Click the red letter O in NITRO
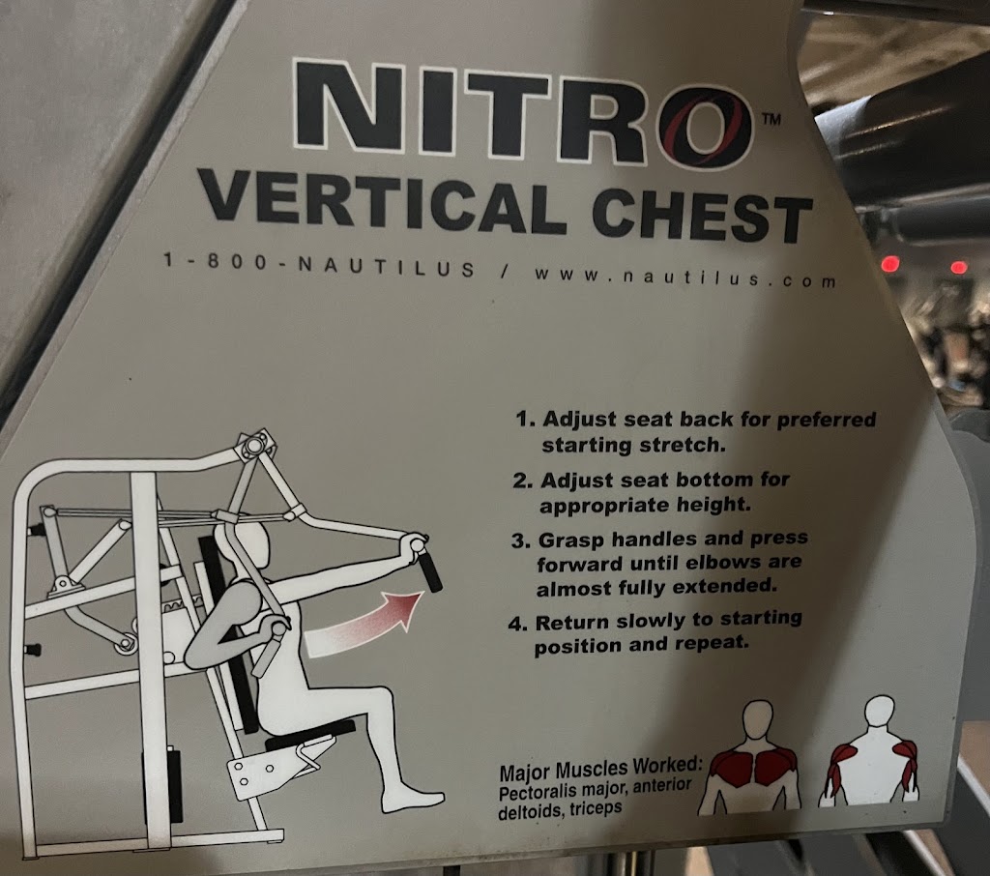[705, 127]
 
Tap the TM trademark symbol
[772, 118]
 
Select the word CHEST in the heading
[702, 218]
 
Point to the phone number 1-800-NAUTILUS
[318, 265]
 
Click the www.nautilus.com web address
[685, 277]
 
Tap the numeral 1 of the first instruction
[523, 419]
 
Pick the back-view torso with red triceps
[871, 751]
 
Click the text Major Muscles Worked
[600, 770]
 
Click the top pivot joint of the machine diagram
[253, 446]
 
